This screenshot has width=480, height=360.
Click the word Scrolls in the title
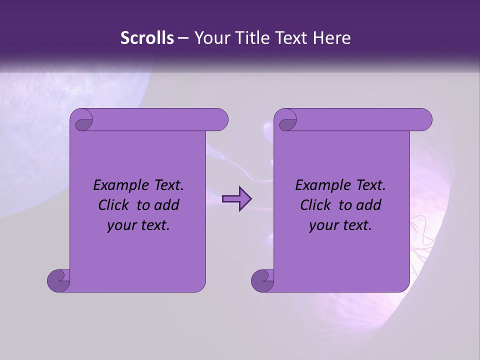tap(147, 38)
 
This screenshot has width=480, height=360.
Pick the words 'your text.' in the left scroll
tap(138, 225)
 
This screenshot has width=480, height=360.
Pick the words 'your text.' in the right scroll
tap(340, 225)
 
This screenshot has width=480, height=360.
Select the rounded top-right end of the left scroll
tap(220, 120)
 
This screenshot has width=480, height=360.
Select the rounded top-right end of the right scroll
tap(424, 120)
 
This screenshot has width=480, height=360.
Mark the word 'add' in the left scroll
tap(167, 205)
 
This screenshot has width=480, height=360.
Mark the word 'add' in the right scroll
tap(369, 205)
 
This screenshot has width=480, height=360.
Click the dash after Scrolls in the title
tap(183, 38)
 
